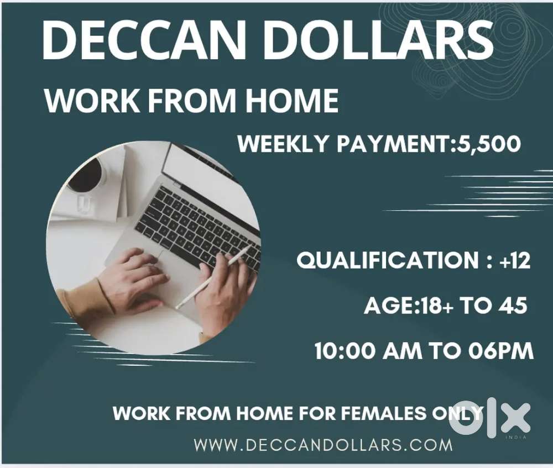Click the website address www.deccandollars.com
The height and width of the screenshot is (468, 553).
tap(324, 444)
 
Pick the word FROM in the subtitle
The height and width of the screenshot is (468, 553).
tap(191, 101)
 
